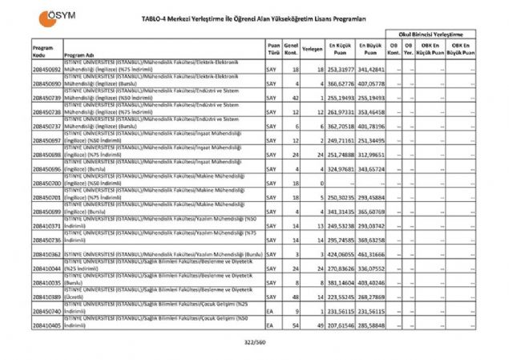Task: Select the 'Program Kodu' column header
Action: (x=42, y=51)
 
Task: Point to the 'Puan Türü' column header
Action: (x=274, y=49)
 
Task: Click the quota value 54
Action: (x=296, y=326)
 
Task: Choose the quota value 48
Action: (x=296, y=297)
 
